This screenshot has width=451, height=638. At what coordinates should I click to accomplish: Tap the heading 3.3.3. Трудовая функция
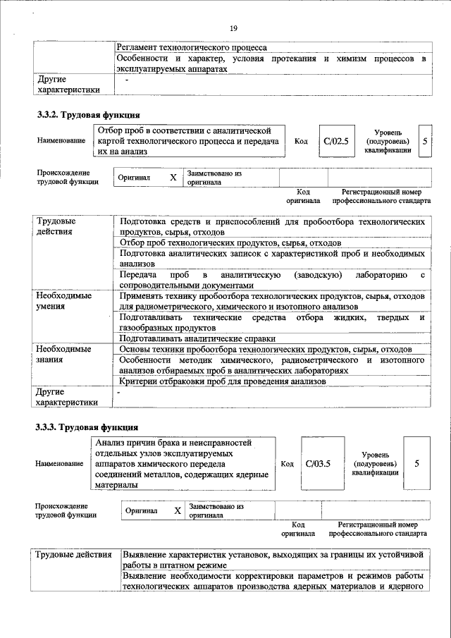[87, 427]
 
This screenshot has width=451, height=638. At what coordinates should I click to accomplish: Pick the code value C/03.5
[319, 463]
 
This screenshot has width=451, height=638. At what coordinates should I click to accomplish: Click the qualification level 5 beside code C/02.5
[424, 141]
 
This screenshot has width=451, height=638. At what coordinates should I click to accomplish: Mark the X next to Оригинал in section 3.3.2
[173, 178]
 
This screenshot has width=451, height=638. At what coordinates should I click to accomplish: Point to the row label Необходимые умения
[63, 301]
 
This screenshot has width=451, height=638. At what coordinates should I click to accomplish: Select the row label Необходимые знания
[63, 354]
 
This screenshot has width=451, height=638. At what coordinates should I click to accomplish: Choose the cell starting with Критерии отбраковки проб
[223, 381]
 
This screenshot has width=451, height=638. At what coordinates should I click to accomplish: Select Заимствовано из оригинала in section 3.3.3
[216, 510]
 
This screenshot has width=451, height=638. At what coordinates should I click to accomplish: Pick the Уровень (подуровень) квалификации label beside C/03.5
[375, 464]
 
